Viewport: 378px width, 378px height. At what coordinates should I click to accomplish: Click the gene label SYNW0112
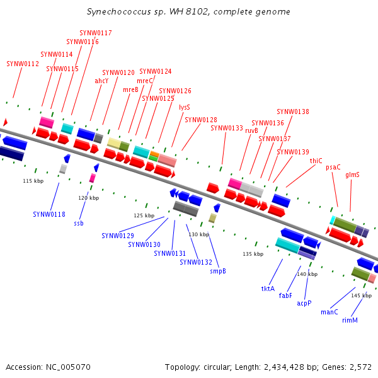pyautogui.click(x=23, y=64)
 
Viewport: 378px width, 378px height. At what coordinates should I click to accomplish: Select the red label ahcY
pyautogui.click(x=101, y=81)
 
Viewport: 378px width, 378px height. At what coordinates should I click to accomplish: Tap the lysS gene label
pyautogui.click(x=184, y=107)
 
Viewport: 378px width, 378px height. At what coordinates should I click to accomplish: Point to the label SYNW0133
pyautogui.click(x=227, y=128)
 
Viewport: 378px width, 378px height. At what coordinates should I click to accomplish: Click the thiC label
pyautogui.click(x=316, y=161)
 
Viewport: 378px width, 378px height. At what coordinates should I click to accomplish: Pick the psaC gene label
pyautogui.click(x=333, y=167)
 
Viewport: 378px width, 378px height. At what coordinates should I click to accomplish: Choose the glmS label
pyautogui.click(x=352, y=175)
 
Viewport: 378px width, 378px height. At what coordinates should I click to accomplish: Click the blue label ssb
pyautogui.click(x=78, y=223)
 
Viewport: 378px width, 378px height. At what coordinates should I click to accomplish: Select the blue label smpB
pyautogui.click(x=218, y=271)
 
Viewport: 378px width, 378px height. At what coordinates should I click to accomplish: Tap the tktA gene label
pyautogui.click(x=268, y=289)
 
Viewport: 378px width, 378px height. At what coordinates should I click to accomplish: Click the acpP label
pyautogui.click(x=304, y=303)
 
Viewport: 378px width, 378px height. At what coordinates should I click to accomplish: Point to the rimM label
pyautogui.click(x=350, y=320)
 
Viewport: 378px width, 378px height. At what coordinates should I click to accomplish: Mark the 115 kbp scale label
pyautogui.click(x=33, y=181)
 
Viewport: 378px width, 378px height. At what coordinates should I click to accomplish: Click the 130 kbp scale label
pyautogui.click(x=198, y=234)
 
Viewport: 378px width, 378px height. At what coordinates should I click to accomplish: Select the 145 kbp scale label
pyautogui.click(x=362, y=295)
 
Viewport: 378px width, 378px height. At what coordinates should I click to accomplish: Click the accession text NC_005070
pyautogui.click(x=69, y=367)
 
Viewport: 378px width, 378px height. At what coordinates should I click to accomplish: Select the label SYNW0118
pyautogui.click(x=49, y=214)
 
